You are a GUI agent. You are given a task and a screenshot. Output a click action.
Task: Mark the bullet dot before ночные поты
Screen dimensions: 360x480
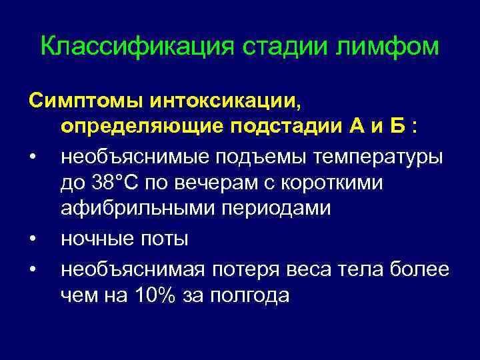32,239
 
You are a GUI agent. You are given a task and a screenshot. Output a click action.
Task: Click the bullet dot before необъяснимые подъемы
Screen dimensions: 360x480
32,158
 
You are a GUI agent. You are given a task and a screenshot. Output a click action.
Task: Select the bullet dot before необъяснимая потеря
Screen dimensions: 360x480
32,269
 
